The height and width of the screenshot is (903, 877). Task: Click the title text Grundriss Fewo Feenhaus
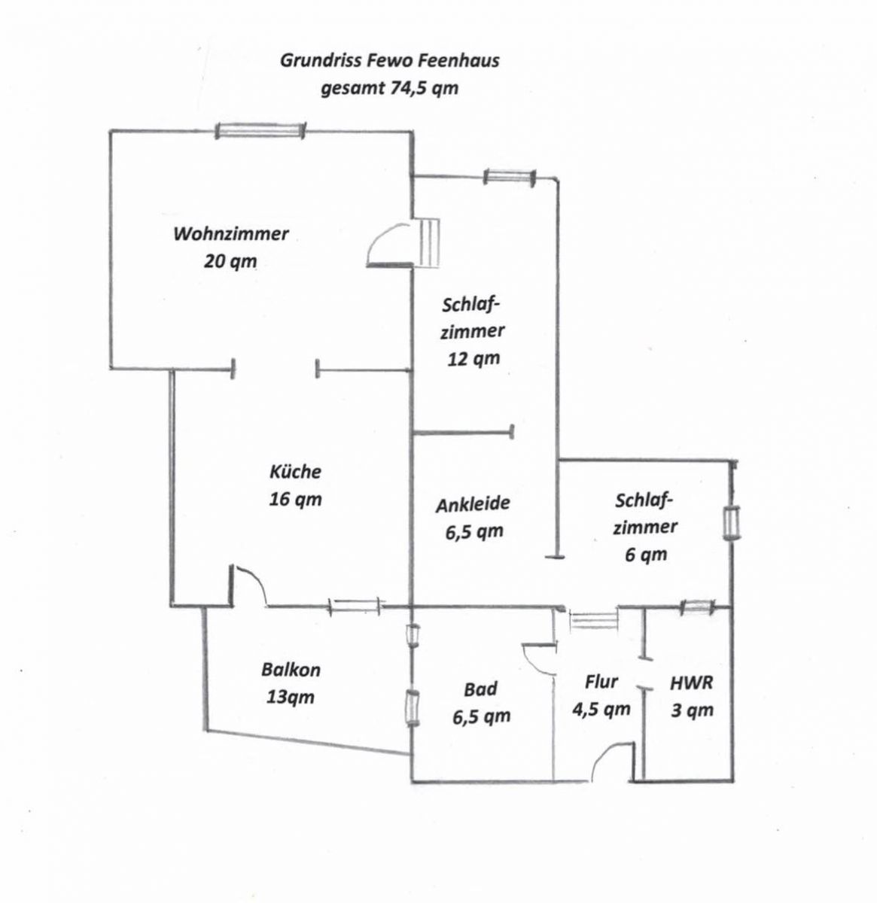(x=389, y=61)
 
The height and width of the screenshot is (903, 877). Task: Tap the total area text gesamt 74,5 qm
(x=389, y=88)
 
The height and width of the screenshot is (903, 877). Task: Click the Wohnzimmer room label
(x=231, y=233)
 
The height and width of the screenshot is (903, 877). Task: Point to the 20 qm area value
(x=230, y=261)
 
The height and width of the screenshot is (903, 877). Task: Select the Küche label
(x=295, y=472)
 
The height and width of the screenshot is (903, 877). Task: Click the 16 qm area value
(x=295, y=500)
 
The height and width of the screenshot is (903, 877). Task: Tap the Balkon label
(x=291, y=670)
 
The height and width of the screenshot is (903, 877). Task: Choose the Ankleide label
(x=473, y=504)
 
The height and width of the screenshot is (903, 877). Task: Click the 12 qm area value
(x=474, y=359)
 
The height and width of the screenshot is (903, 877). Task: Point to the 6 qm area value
(x=646, y=555)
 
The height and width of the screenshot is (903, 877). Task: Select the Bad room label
(x=480, y=689)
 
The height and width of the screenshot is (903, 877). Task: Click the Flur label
(x=601, y=682)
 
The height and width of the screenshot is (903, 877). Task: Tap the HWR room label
(x=691, y=683)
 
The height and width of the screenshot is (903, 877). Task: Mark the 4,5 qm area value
(x=601, y=709)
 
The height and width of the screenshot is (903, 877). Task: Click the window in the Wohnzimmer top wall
(x=260, y=130)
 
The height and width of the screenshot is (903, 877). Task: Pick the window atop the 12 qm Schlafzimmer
(x=510, y=177)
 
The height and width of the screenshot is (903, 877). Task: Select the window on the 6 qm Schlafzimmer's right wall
(x=731, y=523)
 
